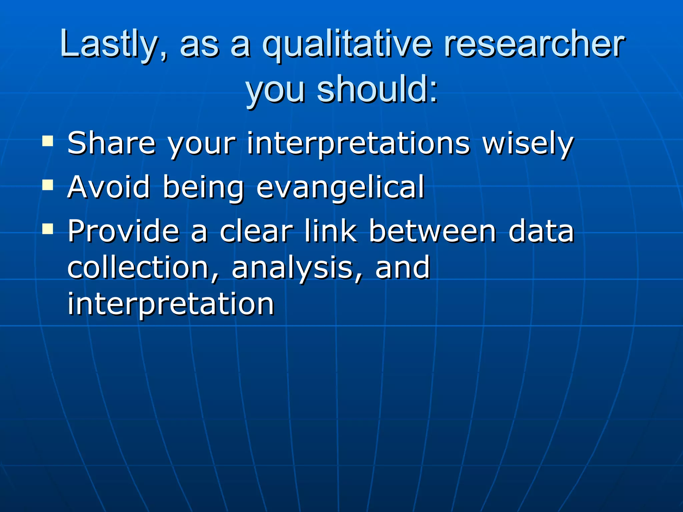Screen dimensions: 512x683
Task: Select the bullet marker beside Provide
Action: click(48, 229)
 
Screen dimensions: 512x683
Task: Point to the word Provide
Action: click(124, 231)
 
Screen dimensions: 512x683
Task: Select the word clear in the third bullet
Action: click(256, 231)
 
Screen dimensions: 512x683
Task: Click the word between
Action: click(433, 231)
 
